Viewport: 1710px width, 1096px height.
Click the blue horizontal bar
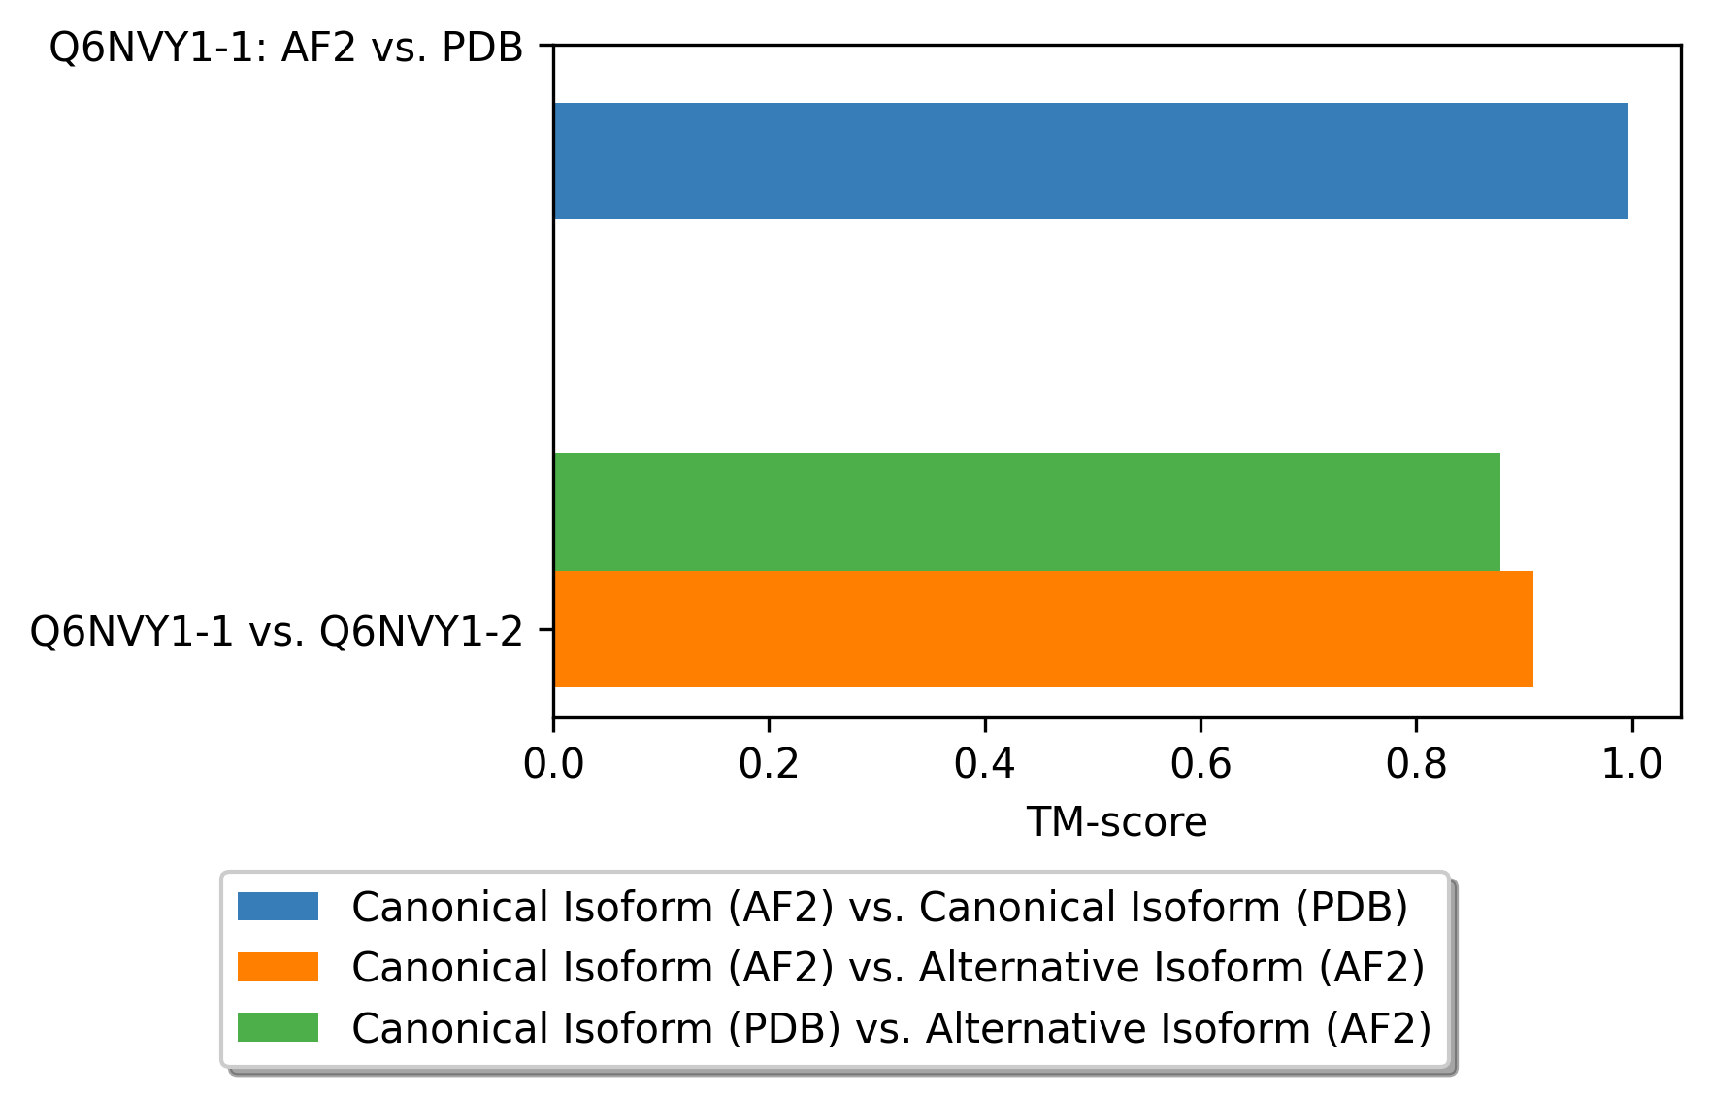coord(1091,161)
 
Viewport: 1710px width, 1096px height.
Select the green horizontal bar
coord(1027,512)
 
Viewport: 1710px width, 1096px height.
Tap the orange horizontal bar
coord(1043,629)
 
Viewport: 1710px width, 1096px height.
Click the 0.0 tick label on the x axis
coord(553,765)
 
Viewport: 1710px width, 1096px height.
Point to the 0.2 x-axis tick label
coord(769,765)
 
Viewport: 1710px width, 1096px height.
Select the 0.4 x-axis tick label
coord(984,765)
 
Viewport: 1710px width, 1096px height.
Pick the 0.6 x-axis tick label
coord(1200,765)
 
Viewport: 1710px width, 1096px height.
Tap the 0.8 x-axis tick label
coord(1416,765)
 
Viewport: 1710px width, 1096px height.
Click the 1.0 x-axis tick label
coord(1631,765)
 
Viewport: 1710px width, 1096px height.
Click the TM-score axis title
coord(1117,822)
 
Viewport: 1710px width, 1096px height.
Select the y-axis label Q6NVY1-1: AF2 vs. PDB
coord(286,47)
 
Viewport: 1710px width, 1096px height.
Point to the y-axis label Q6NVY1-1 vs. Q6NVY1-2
coord(277,632)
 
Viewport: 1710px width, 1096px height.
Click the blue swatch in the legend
coord(278,907)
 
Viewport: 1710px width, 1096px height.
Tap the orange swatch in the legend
coord(278,967)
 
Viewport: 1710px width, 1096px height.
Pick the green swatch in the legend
coord(278,1027)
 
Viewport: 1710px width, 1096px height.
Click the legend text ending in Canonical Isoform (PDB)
coord(879,908)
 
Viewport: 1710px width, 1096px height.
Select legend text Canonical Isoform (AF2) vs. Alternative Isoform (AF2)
coord(888,968)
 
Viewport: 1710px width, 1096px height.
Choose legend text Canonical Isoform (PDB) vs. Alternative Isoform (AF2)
coord(892,1028)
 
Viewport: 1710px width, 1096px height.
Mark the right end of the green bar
coord(1500,512)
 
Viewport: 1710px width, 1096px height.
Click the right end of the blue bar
coord(1628,161)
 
